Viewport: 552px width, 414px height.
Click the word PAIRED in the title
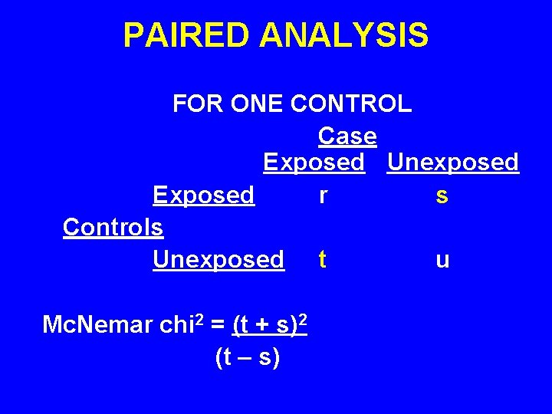(186, 35)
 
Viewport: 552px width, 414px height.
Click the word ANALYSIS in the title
(343, 35)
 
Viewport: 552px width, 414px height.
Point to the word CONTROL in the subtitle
(352, 103)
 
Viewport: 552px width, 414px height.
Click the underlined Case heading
(347, 136)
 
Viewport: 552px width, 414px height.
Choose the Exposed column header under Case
(314, 163)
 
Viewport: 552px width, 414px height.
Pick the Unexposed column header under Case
(452, 163)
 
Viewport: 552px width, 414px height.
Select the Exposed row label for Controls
(203, 195)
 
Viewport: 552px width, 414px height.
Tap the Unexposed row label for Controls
(218, 260)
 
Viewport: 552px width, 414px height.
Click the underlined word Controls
(113, 228)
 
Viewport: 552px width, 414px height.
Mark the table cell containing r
(324, 196)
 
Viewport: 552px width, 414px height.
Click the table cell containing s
(442, 196)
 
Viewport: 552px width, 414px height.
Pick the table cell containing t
(322, 260)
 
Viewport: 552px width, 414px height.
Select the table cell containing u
(442, 261)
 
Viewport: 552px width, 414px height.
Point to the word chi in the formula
(176, 325)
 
